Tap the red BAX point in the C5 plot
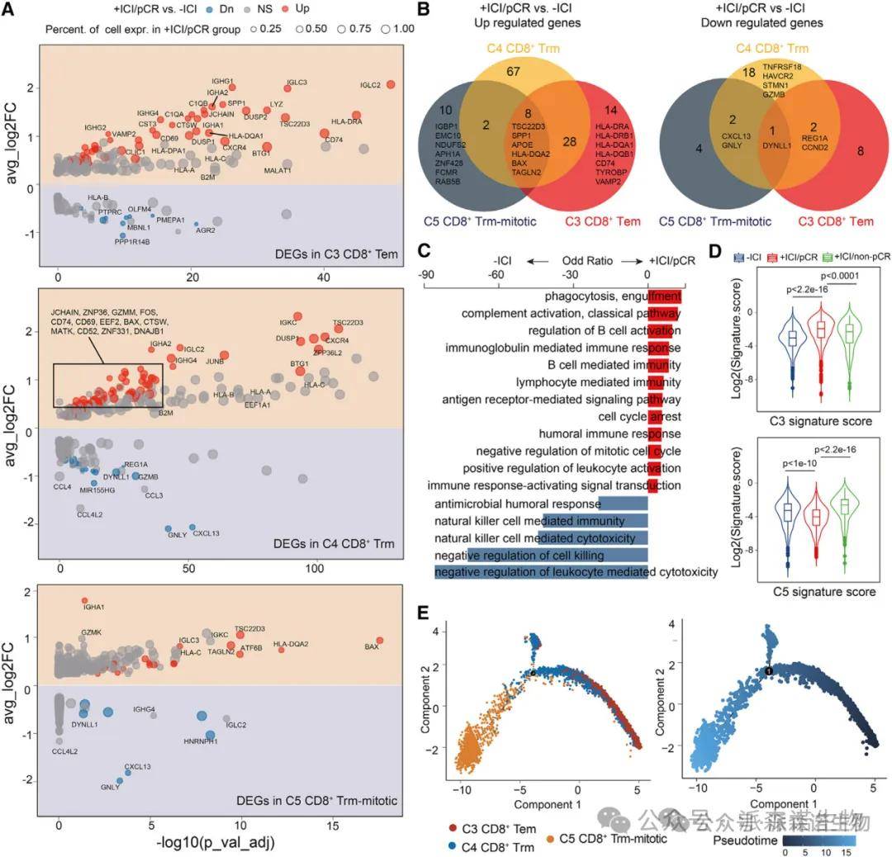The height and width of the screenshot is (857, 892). coord(379,640)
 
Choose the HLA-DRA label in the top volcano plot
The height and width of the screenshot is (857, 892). coord(346,121)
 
